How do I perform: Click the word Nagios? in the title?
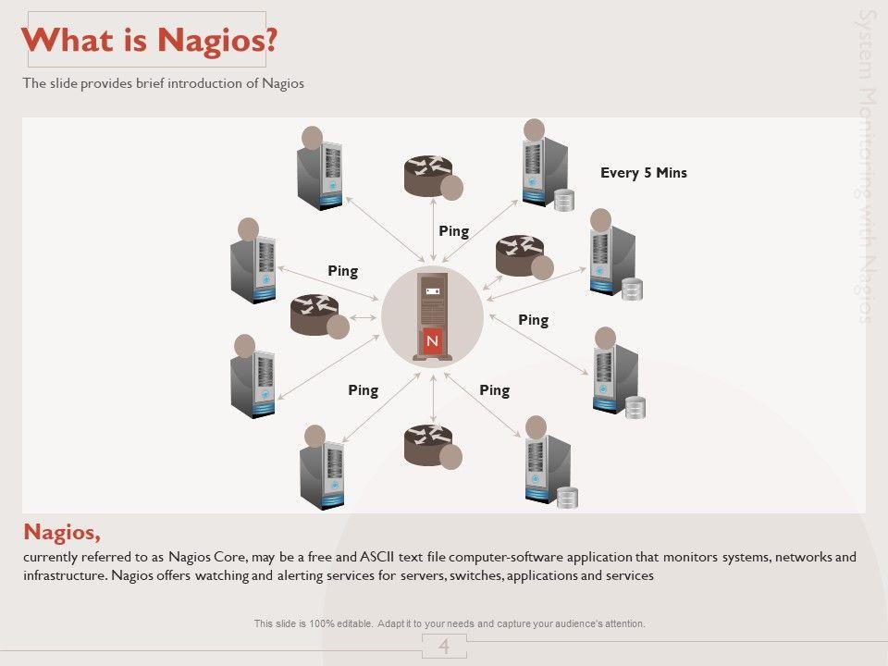[x=216, y=40]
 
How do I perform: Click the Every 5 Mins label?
[x=644, y=173]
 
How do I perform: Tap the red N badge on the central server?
[x=432, y=341]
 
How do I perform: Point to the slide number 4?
[x=444, y=647]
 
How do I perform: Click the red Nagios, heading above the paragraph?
[x=62, y=533]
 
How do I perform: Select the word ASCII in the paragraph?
[x=376, y=557]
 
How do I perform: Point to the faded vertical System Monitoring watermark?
[x=867, y=166]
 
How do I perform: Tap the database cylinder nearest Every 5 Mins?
[x=564, y=200]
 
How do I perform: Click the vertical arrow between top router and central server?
[x=433, y=229]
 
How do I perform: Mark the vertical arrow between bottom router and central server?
[x=433, y=399]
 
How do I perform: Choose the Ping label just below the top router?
[x=453, y=231]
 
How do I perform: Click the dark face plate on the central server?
[x=433, y=291]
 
